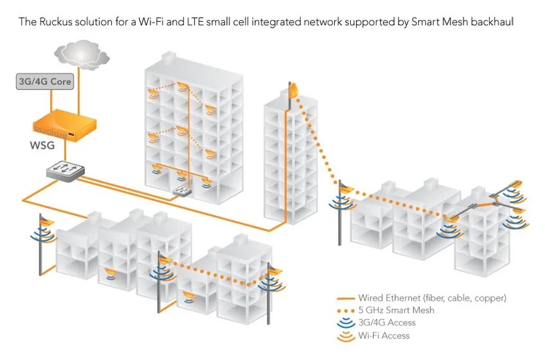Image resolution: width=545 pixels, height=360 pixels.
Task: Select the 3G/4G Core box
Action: (x=45, y=82)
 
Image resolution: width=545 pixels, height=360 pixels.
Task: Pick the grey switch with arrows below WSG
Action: (x=66, y=170)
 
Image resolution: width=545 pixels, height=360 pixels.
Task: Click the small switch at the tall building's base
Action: (x=183, y=191)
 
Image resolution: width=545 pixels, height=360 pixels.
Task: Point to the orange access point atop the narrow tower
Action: (x=294, y=91)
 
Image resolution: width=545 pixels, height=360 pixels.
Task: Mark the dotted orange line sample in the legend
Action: (x=347, y=310)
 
